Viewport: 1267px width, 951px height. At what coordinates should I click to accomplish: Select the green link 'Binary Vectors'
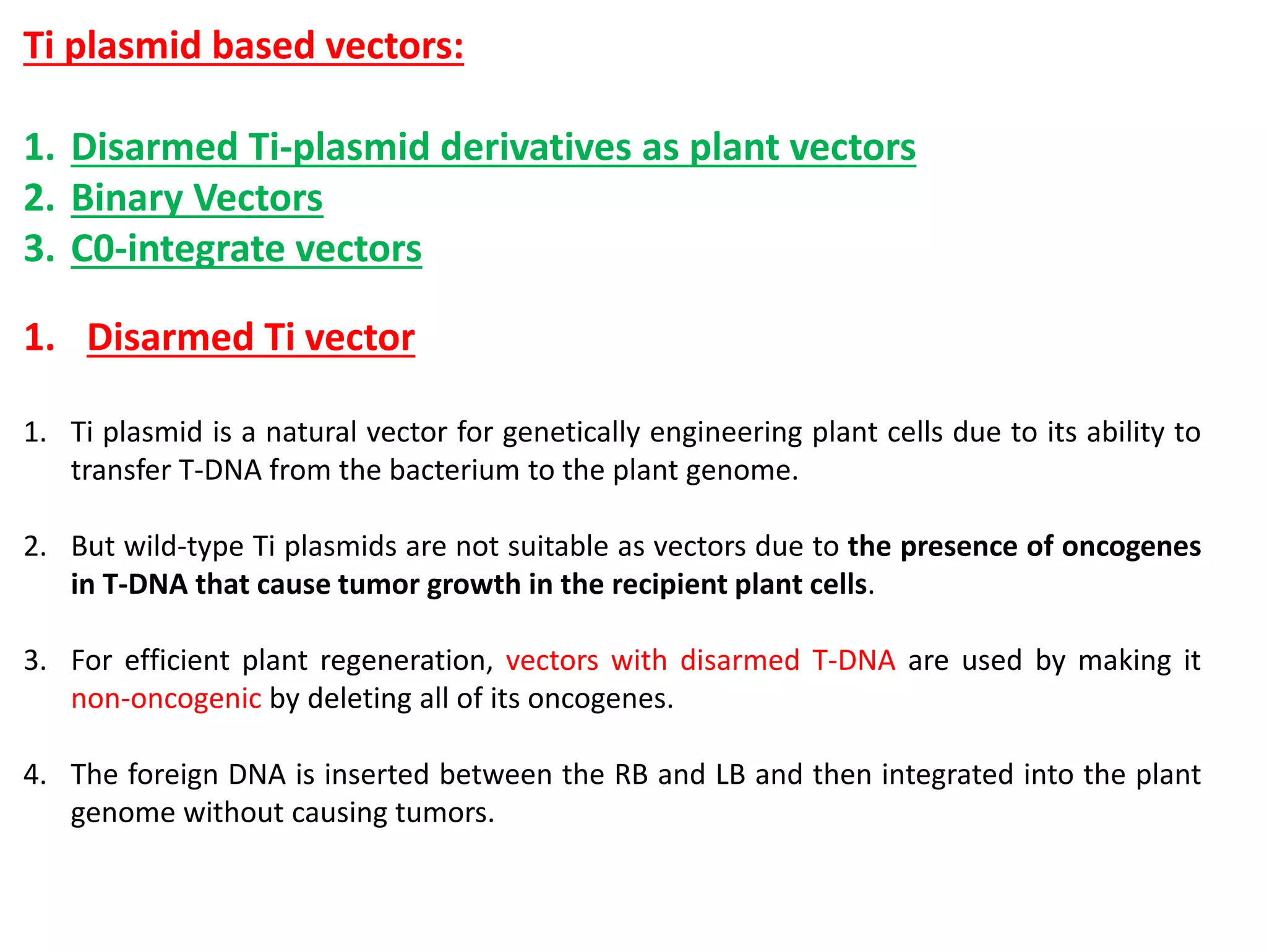[x=197, y=198]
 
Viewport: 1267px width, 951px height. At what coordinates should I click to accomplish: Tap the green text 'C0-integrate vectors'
[x=246, y=249]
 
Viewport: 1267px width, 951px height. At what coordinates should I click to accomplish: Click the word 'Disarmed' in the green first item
[x=155, y=147]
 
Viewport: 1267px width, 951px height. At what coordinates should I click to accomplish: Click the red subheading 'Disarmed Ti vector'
[x=251, y=337]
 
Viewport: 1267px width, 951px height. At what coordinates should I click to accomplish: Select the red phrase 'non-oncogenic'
[x=166, y=698]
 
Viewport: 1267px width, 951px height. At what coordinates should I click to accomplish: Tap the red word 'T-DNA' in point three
[x=854, y=661]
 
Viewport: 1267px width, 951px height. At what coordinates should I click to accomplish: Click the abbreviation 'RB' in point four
[x=630, y=775]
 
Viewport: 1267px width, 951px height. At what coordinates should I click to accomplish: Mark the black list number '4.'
[x=35, y=775]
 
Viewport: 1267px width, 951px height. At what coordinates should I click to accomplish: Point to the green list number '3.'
[x=39, y=249]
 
